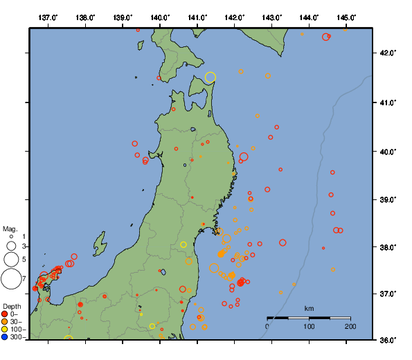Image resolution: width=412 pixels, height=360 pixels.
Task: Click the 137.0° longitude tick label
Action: [48, 17]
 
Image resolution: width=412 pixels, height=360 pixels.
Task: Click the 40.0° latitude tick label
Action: [385, 151]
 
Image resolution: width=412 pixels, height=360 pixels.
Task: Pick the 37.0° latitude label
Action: [385, 294]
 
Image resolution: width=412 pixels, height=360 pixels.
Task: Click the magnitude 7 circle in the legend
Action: [11, 279]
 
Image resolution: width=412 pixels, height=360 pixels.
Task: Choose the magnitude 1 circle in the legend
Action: [11, 237]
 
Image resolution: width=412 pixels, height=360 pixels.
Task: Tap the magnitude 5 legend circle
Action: [11, 260]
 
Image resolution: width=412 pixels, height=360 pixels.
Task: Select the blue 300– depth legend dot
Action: [5, 337]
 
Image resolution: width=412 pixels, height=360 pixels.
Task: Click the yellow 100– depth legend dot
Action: [5, 330]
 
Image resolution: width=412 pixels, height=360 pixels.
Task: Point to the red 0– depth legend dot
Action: [5, 314]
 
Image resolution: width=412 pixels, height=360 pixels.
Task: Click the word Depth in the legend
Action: [12, 306]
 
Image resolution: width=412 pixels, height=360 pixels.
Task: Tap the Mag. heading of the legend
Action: [10, 228]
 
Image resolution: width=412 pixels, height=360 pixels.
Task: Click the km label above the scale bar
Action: [309, 307]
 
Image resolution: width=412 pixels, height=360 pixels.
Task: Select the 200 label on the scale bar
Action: [350, 326]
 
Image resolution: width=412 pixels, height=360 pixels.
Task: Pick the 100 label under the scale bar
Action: [309, 326]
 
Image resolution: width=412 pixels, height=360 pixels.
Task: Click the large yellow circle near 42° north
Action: [211, 78]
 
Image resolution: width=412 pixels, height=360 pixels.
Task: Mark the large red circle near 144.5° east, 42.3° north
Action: [325, 37]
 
